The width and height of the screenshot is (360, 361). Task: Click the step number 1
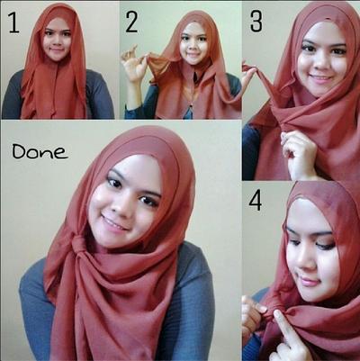tap(14, 23)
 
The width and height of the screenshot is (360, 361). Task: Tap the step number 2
tap(131, 23)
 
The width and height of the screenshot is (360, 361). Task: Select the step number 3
tap(256, 22)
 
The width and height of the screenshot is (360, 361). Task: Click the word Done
tap(40, 151)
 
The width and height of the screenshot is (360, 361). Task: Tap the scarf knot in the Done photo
tap(78, 245)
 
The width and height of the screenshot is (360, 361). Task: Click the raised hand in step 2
tap(134, 63)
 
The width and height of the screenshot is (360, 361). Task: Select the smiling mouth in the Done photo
tap(114, 223)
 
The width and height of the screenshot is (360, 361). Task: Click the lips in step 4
tap(309, 281)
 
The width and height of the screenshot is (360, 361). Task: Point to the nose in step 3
tap(320, 61)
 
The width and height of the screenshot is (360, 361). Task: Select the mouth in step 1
tap(57, 50)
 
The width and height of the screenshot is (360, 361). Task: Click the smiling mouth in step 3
tap(320, 78)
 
